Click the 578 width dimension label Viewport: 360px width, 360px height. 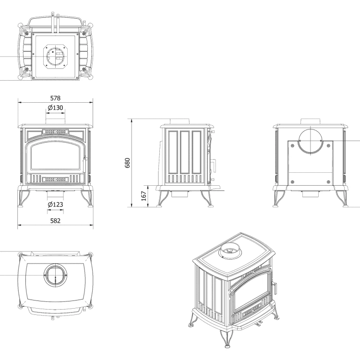point(55,98)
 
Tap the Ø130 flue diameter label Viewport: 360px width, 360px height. point(55,108)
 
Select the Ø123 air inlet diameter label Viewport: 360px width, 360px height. point(55,204)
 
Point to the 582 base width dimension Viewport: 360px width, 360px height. point(55,221)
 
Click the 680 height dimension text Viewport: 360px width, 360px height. point(128,163)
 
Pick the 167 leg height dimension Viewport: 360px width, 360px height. point(144,196)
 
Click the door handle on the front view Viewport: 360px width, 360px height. point(85,159)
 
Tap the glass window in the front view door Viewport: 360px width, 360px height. point(55,157)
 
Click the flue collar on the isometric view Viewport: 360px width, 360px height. point(230,251)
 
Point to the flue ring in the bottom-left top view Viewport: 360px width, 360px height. point(55,275)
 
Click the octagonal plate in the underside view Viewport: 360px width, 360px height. point(56,56)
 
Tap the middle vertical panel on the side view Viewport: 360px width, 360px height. point(185,153)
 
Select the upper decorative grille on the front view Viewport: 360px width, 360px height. point(55,132)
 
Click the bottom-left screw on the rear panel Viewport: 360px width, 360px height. point(292,182)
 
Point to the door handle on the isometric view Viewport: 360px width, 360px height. point(275,288)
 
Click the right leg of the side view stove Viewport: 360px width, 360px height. point(207,199)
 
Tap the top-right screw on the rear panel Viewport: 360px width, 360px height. point(328,146)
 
